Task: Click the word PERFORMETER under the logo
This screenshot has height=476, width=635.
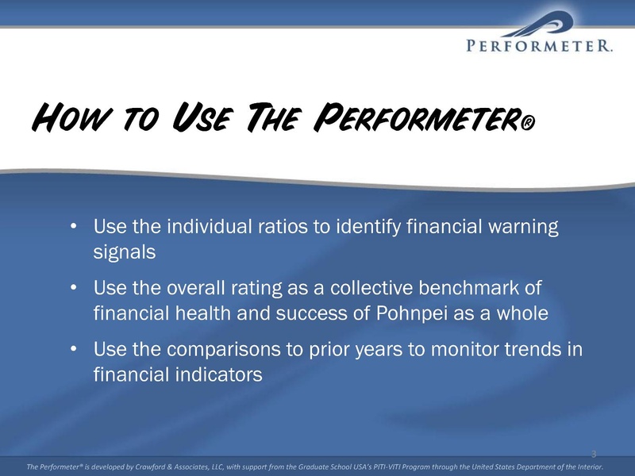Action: pos(539,45)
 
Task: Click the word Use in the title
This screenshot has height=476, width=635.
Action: pos(201,117)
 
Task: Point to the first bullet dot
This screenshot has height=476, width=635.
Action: pos(73,225)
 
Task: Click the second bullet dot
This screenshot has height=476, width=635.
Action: pos(73,287)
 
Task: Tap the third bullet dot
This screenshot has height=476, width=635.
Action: pos(73,348)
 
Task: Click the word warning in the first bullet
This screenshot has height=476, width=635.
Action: pos(523,227)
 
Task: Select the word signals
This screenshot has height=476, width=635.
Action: pos(125,252)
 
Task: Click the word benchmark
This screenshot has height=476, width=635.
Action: pos(468,288)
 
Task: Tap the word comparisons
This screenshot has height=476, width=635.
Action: pos(224,350)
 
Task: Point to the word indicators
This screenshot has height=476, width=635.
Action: pos(219,374)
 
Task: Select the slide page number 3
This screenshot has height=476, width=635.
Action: pos(594,454)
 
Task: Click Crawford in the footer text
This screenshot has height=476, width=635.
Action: pos(150,466)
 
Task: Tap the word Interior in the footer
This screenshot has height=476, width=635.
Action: pos(590,466)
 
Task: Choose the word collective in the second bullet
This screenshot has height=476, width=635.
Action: pos(371,288)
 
